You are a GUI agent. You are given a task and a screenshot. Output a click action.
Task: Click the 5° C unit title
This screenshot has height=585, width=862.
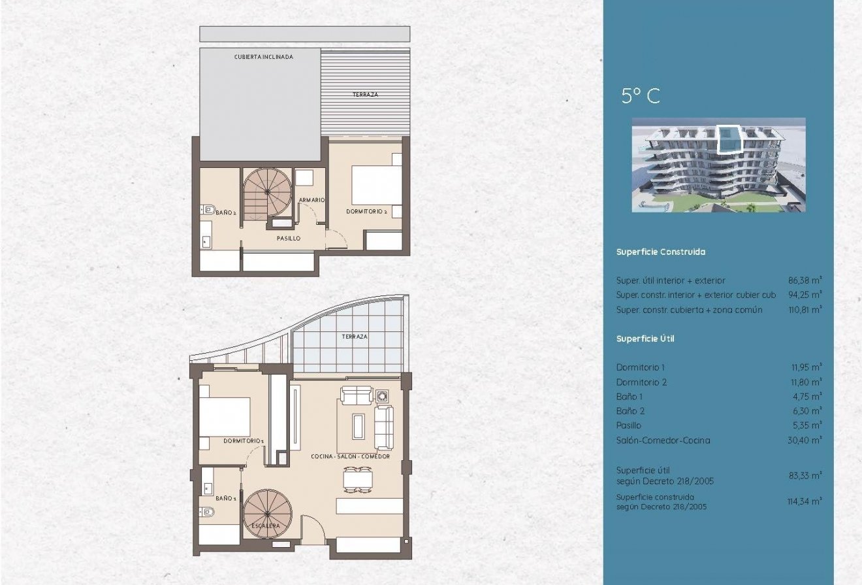click(640, 96)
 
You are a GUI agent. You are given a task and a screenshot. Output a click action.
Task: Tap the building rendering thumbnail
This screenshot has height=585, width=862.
click(718, 165)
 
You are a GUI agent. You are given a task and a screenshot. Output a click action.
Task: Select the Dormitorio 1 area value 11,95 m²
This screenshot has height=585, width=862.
click(806, 367)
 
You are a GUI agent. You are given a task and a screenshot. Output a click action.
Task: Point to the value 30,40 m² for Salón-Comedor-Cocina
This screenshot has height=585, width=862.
click(805, 440)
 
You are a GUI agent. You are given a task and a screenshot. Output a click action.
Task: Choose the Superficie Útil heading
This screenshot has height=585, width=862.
click(645, 339)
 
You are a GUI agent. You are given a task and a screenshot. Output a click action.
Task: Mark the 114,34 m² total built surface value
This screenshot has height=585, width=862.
click(805, 501)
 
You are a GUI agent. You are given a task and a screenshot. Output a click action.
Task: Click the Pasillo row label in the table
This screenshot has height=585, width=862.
click(629, 426)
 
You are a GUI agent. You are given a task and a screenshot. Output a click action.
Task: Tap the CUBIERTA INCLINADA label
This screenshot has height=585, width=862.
click(263, 57)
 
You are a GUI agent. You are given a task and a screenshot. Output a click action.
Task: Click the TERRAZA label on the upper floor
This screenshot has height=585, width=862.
click(365, 95)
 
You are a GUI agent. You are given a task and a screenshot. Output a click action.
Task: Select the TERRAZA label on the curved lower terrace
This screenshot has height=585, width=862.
click(355, 337)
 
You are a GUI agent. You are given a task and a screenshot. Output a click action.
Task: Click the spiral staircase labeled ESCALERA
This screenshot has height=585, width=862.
click(268, 513)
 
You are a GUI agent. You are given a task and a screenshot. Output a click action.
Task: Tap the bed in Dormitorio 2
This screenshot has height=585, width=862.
click(377, 185)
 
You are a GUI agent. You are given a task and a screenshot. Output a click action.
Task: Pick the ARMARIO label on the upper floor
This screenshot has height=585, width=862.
click(311, 200)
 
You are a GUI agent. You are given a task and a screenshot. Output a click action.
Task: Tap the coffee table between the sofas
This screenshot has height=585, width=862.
click(359, 426)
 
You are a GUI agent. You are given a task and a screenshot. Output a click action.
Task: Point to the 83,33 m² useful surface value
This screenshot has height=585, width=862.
click(805, 475)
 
